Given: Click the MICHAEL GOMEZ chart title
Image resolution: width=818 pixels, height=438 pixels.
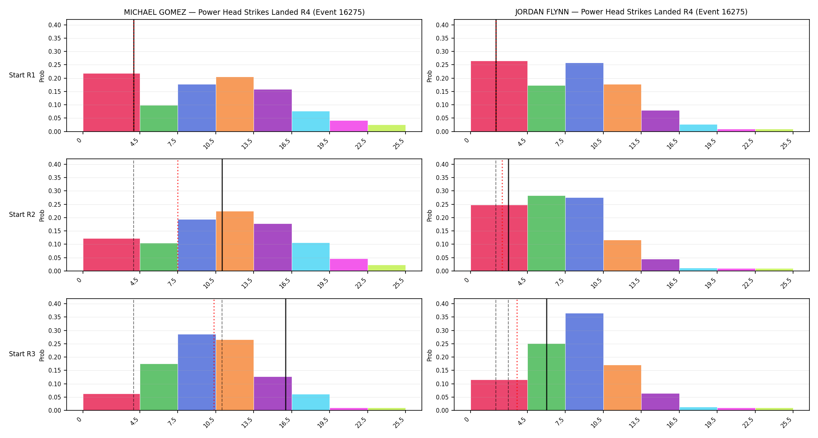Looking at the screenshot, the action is tap(244, 12).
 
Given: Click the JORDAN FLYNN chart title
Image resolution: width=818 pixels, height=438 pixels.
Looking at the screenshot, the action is tap(631, 12).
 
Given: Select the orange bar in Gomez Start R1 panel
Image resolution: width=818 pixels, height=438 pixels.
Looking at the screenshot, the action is tap(235, 104).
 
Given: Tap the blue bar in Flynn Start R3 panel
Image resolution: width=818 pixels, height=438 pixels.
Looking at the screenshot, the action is tap(584, 362).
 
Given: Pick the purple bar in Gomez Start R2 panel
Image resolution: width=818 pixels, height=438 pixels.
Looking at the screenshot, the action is tap(273, 247).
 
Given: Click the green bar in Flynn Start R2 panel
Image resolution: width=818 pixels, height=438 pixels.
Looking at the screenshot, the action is tap(547, 233).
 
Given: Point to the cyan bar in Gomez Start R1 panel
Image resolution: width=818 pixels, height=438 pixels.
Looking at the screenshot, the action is tap(311, 121).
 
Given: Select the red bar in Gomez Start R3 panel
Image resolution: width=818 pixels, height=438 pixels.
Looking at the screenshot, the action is tap(111, 402).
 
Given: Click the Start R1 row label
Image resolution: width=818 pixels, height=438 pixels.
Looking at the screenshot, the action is tap(22, 75).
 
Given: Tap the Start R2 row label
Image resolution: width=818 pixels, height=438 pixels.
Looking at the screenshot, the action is tap(22, 215).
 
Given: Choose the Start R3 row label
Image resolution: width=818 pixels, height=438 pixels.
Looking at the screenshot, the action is tap(22, 354).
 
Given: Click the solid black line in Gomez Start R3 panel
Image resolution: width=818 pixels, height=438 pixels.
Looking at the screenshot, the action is tap(286, 355).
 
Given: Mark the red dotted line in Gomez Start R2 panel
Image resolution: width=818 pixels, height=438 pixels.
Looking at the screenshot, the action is tap(178, 215).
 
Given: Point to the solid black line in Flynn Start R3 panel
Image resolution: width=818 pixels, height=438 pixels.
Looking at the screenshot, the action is tap(547, 355).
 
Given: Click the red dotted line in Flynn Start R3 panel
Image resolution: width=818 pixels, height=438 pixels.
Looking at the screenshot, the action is tap(517, 355).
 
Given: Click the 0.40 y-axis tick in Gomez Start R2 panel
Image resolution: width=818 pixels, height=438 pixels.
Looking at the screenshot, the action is tap(55, 164).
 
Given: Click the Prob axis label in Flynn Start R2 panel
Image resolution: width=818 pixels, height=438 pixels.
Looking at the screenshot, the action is tap(430, 215).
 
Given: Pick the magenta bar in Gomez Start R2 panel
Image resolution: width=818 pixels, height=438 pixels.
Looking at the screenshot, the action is tap(349, 265).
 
